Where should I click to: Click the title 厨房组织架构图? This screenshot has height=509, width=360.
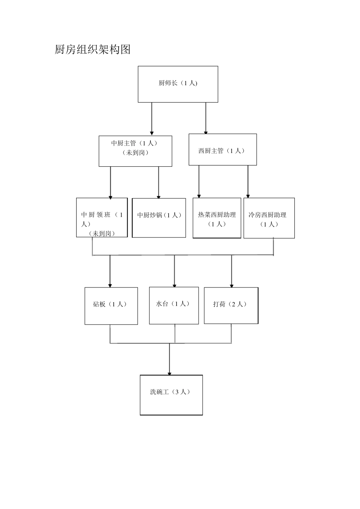pos(92,50)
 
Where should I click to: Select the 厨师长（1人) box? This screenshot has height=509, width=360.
pos(178,84)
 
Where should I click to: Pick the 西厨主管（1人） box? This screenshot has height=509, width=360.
pos(222,149)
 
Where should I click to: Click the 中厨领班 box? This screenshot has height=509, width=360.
pos(102,217)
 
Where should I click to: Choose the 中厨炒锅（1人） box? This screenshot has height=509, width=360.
pos(159,217)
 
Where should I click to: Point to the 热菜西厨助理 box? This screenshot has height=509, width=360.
pos(217,218)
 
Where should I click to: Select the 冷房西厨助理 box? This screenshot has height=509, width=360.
pos(269,218)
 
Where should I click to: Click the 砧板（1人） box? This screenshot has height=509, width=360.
pos(111,306)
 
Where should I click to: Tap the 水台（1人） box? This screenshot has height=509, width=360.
pos(174,305)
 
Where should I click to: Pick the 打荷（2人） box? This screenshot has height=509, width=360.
pos(231,305)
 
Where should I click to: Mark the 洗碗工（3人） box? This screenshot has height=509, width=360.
pos(171,395)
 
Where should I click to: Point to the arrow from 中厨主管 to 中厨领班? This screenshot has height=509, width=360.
pos(111,182)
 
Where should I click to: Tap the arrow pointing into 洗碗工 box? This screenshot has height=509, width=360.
pos(169,360)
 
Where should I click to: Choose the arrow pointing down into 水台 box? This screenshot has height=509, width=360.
pos(175,271)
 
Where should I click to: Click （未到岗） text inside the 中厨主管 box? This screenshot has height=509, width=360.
pos(135,153)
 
